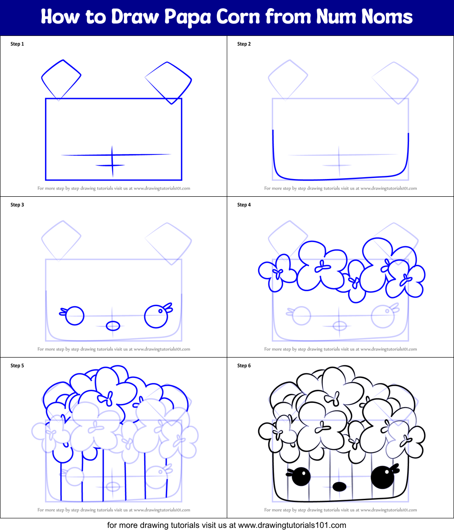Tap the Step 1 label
[17, 44]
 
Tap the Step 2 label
[244, 44]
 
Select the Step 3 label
[17, 205]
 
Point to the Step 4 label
[244, 205]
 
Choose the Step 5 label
[17, 366]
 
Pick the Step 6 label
[244, 366]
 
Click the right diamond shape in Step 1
[169, 82]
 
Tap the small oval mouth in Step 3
[113, 326]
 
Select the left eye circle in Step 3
[75, 315]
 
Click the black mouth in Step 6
[339, 487]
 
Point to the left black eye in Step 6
[301, 476]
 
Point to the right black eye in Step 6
[382, 477]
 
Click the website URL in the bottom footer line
[292, 525]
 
